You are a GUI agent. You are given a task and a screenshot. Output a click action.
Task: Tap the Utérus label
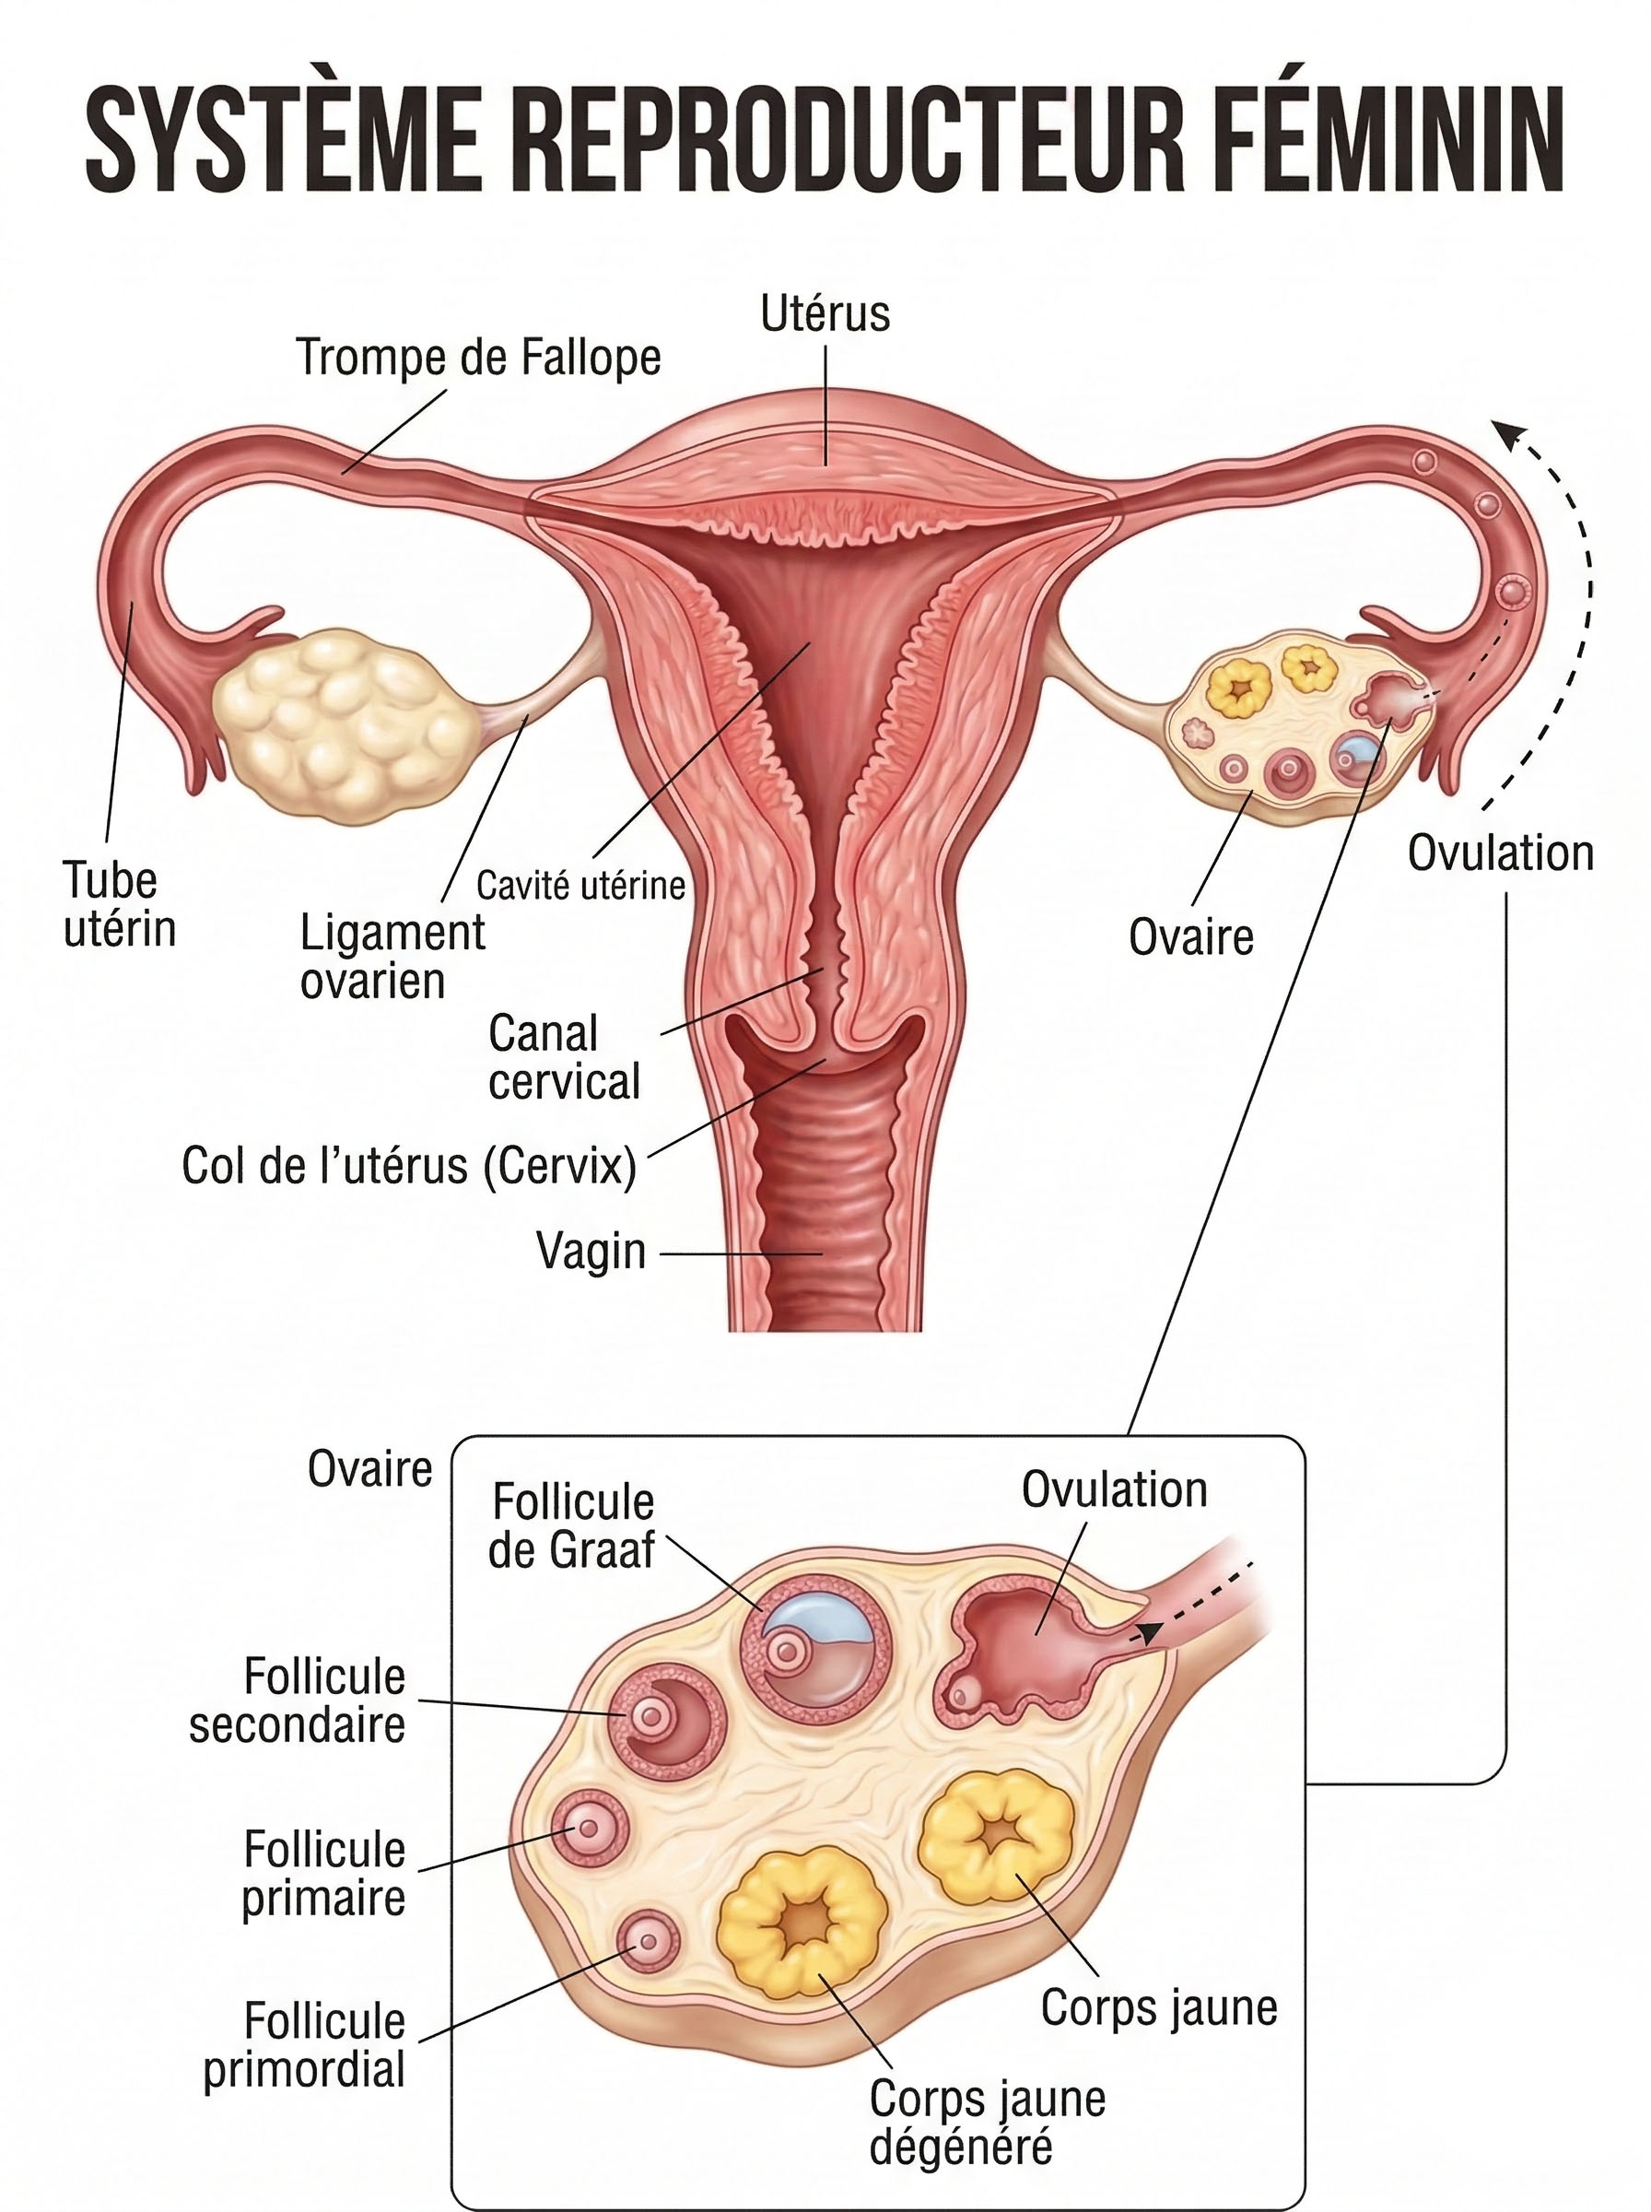click(x=825, y=312)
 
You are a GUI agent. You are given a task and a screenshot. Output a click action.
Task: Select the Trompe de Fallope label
click(x=479, y=358)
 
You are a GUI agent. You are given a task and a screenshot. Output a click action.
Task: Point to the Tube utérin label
click(x=119, y=904)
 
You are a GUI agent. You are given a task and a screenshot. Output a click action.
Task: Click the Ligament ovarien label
click(x=392, y=957)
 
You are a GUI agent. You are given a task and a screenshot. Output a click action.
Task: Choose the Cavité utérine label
click(x=580, y=886)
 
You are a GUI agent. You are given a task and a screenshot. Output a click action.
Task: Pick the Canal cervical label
click(x=564, y=1057)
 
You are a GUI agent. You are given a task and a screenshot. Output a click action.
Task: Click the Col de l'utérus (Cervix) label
click(x=409, y=1166)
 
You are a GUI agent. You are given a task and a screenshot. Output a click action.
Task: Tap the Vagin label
click(x=591, y=1251)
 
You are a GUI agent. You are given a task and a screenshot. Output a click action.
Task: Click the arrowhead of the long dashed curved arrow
click(x=1506, y=432)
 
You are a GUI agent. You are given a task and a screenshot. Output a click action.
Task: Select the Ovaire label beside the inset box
click(x=369, y=1469)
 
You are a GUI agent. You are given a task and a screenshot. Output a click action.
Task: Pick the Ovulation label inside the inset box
click(x=1113, y=1490)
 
